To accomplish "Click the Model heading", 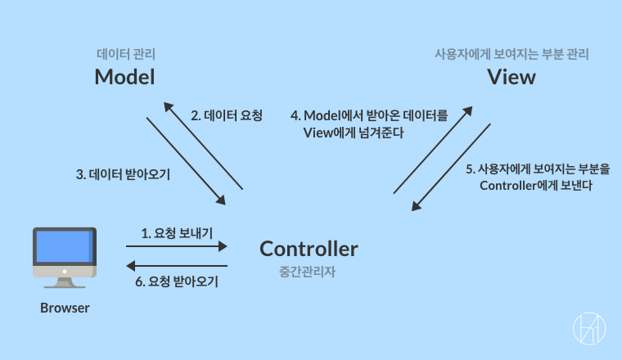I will coord(124,77).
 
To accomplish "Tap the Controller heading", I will coord(309,248).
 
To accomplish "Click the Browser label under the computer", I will coord(65,308).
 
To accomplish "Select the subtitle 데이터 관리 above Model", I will coord(125,55).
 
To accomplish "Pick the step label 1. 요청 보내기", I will coord(177,233).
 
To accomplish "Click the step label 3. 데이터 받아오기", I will coord(123,174).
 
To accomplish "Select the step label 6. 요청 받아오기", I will coord(177,281).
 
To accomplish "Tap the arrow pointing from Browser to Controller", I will coord(176,245).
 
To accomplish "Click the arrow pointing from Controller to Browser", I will coord(176,266).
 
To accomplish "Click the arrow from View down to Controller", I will coord(450,168).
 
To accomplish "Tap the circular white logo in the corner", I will coord(588,327).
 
